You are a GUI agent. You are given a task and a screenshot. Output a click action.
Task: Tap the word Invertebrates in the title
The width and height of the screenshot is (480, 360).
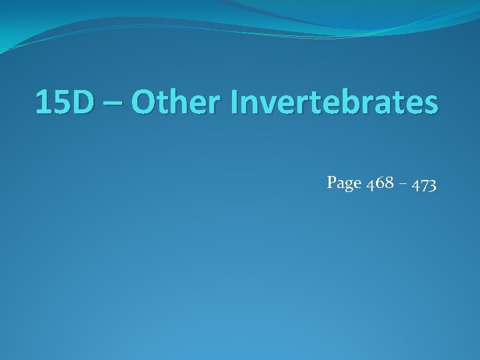tap(334, 103)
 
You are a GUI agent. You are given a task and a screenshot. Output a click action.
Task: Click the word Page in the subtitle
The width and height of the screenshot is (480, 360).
tap(343, 182)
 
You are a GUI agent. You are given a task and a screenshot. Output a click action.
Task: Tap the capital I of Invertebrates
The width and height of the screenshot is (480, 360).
tap(234, 103)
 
